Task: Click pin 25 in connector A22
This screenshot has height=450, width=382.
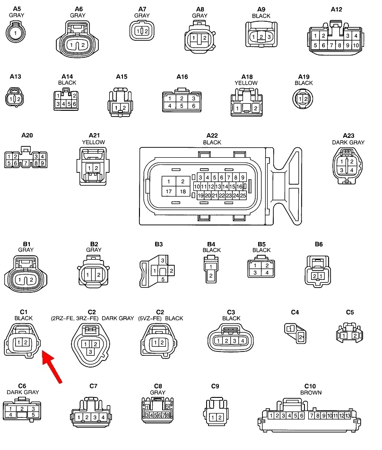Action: (243, 196)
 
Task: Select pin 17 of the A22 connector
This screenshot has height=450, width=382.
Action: (169, 192)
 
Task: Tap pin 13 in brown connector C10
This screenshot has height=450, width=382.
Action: (348, 416)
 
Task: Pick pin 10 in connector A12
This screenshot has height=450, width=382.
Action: (356, 45)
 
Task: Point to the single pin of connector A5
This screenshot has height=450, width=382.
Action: (17, 33)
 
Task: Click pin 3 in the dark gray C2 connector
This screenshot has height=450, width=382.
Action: (90, 352)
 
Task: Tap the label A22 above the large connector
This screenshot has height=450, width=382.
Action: (212, 135)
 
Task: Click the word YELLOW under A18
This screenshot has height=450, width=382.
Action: (246, 83)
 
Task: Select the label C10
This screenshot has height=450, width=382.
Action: (310, 386)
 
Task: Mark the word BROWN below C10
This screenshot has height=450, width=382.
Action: (311, 393)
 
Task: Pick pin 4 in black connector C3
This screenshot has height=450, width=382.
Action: (242, 341)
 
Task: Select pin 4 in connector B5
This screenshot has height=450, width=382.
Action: (267, 273)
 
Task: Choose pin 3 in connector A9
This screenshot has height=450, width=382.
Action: (269, 37)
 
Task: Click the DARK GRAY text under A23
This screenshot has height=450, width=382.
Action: (348, 142)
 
